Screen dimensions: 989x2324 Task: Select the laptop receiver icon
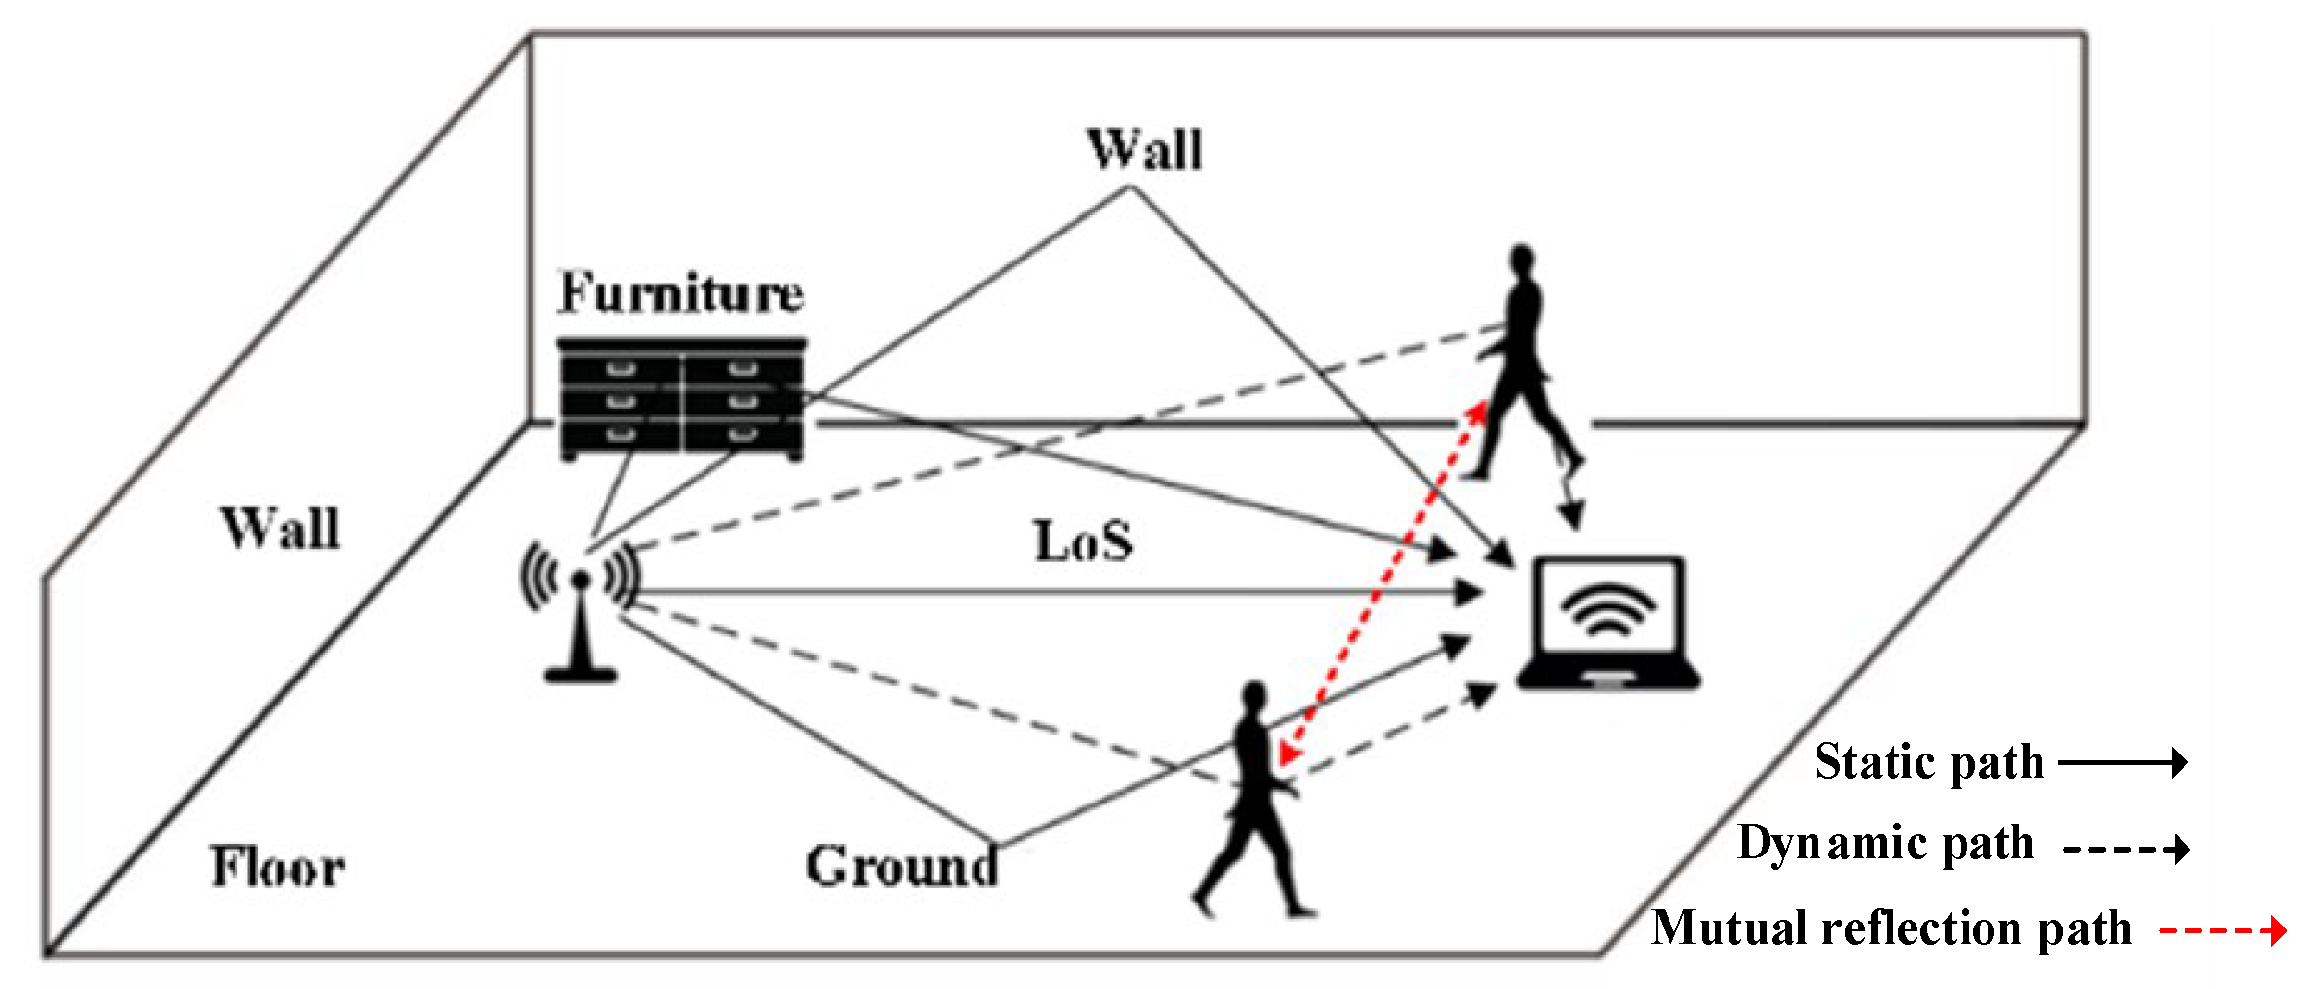[1608, 623]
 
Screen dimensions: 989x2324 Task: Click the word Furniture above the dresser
[680, 293]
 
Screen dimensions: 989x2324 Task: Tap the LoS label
[1083, 541]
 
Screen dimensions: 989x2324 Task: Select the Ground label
[902, 866]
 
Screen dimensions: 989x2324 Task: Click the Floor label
[278, 867]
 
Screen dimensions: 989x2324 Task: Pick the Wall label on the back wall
[1145, 151]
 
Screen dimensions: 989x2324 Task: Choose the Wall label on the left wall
[281, 529]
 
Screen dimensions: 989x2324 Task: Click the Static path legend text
[1928, 762]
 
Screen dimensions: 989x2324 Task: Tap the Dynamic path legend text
[1886, 844]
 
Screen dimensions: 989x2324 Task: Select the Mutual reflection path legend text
[1891, 928]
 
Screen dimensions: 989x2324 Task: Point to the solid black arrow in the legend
[2123, 763]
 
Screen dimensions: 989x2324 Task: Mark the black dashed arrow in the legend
[2126, 848]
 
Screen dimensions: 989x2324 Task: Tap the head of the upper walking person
[1521, 260]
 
